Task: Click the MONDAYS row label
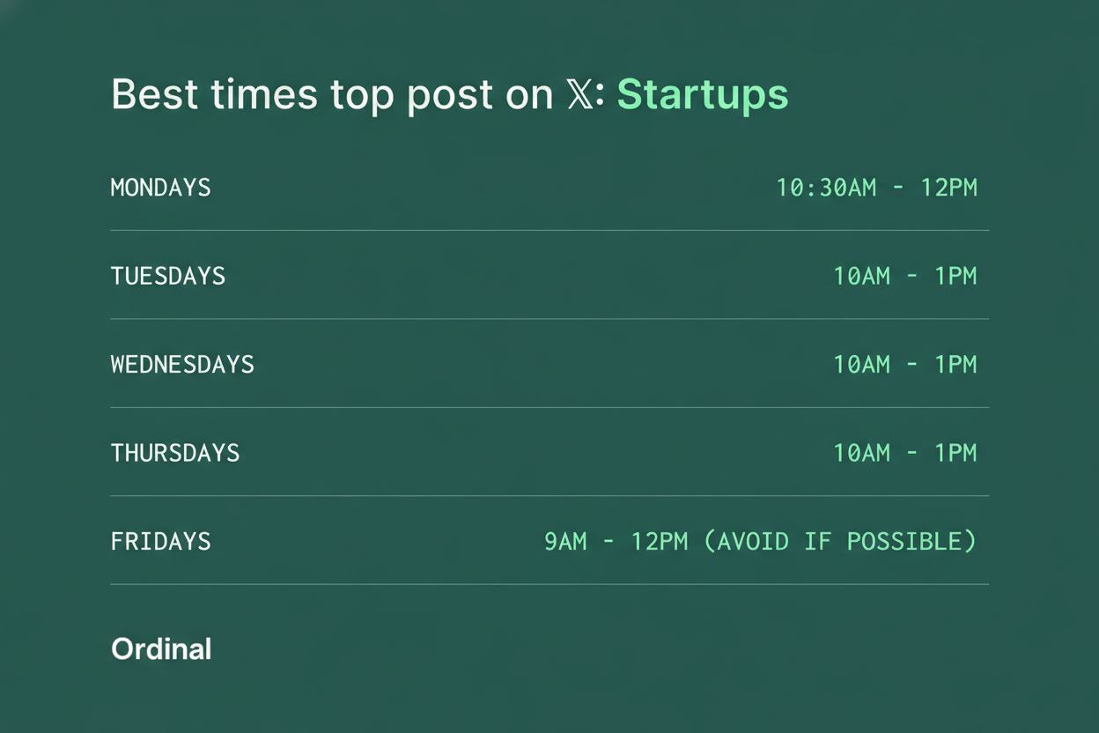[161, 188]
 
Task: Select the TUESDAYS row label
[168, 276]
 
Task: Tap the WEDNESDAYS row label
[182, 364]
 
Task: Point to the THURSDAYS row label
[175, 453]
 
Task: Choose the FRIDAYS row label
[161, 542]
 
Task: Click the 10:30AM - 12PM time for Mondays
[877, 188]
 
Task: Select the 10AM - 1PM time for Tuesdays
[905, 276]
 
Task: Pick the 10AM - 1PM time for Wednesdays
[905, 364]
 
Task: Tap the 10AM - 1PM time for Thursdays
[905, 453]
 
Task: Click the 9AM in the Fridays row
[565, 542]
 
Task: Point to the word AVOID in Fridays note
[753, 542]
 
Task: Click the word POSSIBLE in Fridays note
[904, 542]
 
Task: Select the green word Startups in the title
[703, 96]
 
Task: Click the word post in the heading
[450, 96]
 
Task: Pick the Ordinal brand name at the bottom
[161, 649]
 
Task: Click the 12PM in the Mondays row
[949, 188]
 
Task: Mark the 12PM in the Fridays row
[660, 542]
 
